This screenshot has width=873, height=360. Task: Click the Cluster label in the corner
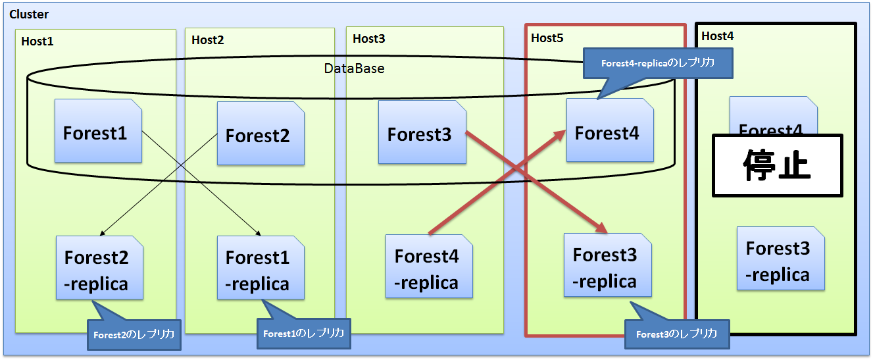tap(29, 14)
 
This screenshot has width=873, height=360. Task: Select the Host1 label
tap(37, 41)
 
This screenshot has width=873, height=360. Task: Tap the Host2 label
tap(207, 40)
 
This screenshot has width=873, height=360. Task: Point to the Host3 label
tap(368, 38)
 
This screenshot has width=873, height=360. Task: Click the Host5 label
tap(547, 38)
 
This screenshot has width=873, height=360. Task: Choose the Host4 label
tap(717, 36)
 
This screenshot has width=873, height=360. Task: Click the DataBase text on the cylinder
tap(354, 68)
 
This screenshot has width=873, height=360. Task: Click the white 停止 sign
tap(778, 165)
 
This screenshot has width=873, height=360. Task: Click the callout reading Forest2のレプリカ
tap(134, 335)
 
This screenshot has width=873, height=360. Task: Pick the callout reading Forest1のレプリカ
tap(303, 334)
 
